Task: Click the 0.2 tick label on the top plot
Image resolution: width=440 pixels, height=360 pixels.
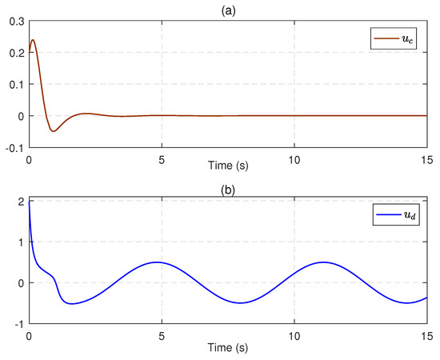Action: pos(15,53)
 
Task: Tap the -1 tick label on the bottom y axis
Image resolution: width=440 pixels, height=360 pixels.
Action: pos(18,324)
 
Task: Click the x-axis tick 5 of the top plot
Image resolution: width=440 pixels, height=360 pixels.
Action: pos(162,158)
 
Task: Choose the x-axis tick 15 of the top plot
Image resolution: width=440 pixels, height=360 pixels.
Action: pos(426,158)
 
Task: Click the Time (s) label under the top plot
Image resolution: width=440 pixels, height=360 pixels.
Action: pos(228,170)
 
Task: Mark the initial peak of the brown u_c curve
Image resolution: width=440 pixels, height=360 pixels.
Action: pos(33,40)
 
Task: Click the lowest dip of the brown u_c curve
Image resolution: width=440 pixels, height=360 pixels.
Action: pos(54,131)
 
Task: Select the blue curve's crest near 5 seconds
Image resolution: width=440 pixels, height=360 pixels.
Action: pos(157,262)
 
